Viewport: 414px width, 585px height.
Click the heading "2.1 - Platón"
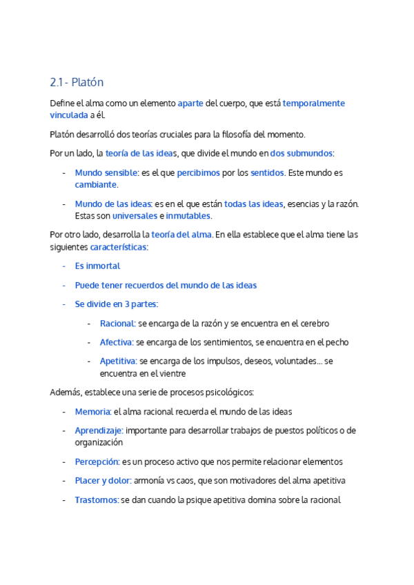click(x=77, y=82)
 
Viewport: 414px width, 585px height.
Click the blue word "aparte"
click(x=190, y=103)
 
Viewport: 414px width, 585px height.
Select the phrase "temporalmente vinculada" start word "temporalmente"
click(x=314, y=103)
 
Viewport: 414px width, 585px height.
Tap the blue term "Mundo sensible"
click(x=106, y=172)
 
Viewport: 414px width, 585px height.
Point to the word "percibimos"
click(x=199, y=172)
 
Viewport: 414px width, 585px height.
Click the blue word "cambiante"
click(x=96, y=184)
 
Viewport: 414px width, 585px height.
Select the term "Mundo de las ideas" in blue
click(x=114, y=204)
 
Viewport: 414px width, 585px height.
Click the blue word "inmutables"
click(x=188, y=216)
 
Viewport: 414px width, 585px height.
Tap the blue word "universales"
click(x=135, y=216)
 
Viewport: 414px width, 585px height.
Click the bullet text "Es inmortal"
click(x=97, y=266)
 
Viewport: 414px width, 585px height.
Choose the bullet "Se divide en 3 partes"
click(x=116, y=304)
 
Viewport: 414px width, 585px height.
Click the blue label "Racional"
click(x=117, y=323)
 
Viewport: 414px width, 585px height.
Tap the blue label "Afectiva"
click(x=117, y=342)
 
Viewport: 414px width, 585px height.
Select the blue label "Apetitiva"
click(x=118, y=361)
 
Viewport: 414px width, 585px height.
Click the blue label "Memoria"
click(x=92, y=411)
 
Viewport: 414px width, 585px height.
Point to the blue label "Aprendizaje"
click(x=99, y=430)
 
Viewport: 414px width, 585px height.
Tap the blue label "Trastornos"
click(x=97, y=500)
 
